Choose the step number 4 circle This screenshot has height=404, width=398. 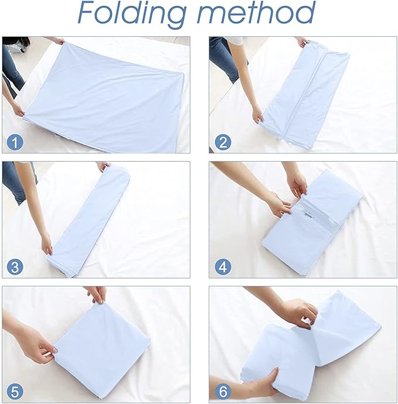click(x=223, y=267)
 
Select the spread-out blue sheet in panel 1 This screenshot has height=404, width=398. click(x=100, y=88)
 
